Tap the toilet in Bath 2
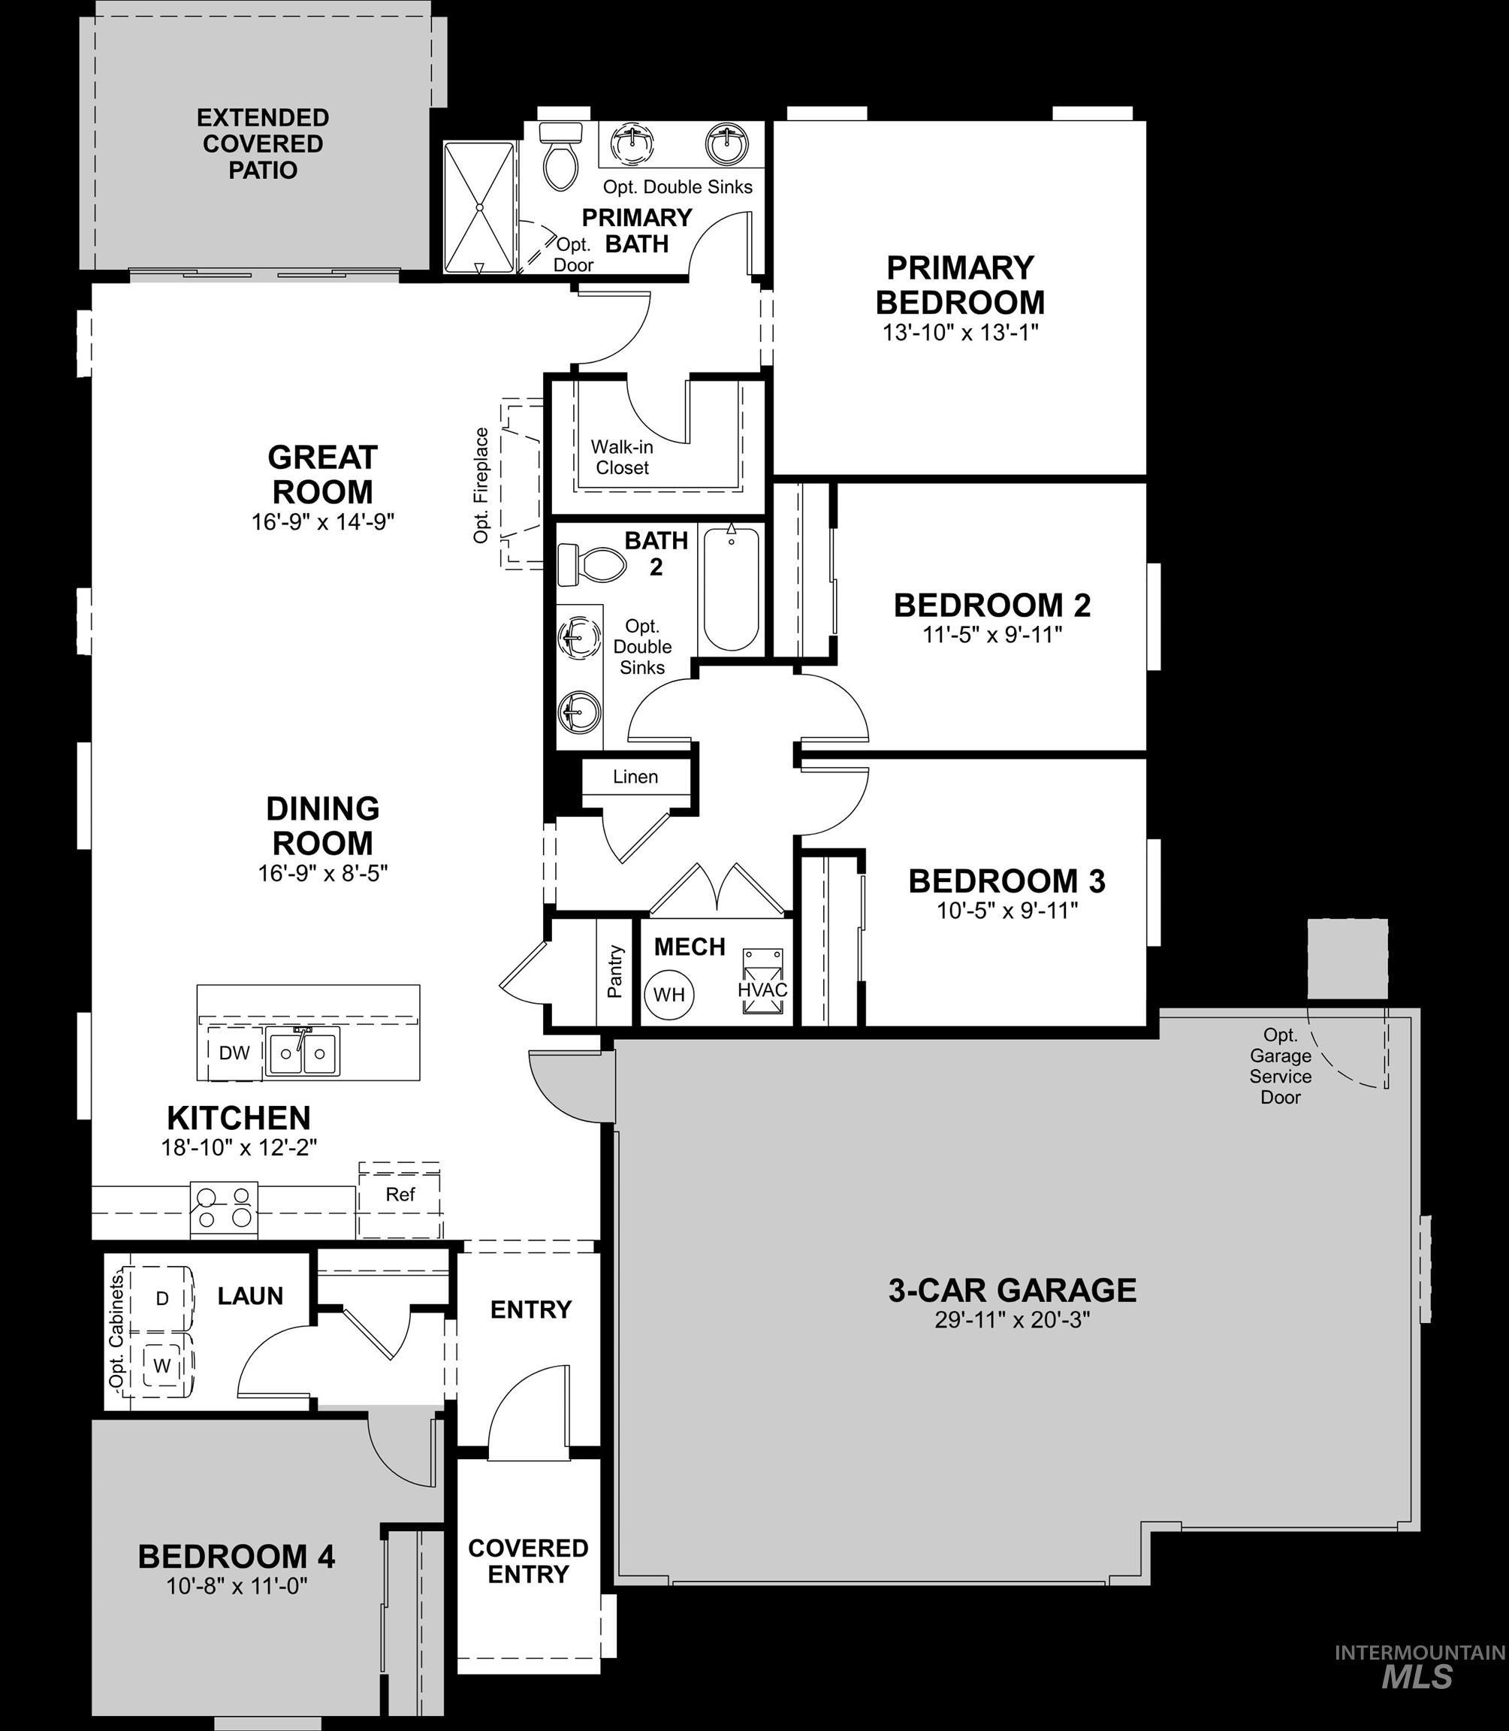[x=591, y=564]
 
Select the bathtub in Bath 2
[x=731, y=589]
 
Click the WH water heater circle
[x=669, y=995]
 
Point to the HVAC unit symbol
[x=763, y=981]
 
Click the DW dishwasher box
[x=234, y=1052]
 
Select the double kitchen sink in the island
[x=302, y=1052]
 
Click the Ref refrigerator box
[x=400, y=1195]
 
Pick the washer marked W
[x=162, y=1365]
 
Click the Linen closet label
[x=635, y=777]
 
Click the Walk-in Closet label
[x=622, y=458]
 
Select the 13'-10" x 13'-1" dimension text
[x=960, y=333]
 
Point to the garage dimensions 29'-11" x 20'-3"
[x=1013, y=1320]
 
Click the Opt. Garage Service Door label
[x=1280, y=1065]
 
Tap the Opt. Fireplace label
[x=481, y=485]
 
